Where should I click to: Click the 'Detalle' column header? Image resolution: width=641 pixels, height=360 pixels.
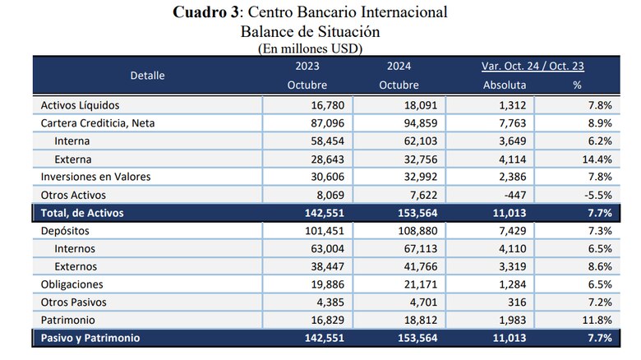[x=147, y=76]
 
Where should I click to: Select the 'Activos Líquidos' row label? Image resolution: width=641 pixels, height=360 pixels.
[x=81, y=105]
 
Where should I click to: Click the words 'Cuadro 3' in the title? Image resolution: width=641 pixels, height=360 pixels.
[x=207, y=13]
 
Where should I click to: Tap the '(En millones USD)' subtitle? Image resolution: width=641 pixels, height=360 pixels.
[x=310, y=48]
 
